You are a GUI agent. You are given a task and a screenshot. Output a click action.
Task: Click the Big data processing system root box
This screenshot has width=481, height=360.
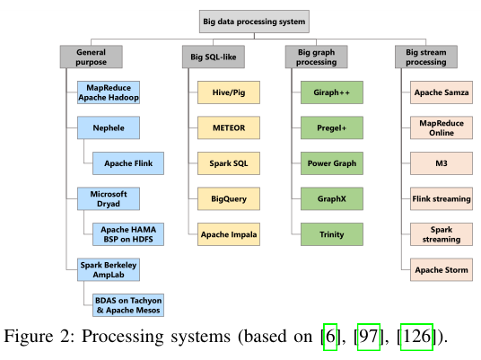click(254, 22)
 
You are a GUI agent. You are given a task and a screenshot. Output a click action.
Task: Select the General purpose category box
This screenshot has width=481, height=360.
click(92, 57)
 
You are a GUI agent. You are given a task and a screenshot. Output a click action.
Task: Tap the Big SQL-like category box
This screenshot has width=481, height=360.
click(214, 57)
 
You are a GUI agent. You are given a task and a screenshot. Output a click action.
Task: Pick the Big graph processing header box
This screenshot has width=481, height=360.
click(316, 57)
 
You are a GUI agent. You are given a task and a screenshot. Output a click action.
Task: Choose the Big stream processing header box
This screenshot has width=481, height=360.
click(426, 57)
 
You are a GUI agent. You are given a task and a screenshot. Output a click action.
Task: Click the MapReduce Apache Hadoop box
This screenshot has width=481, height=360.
click(109, 92)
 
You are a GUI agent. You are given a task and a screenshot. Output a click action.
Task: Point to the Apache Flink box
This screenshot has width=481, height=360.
click(128, 163)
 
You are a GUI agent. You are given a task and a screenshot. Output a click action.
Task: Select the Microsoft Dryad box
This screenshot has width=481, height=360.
click(109, 198)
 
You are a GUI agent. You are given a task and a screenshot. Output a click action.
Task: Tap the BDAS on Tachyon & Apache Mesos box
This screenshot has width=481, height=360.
click(128, 305)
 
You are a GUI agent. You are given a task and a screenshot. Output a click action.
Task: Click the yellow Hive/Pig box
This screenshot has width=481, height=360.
click(229, 92)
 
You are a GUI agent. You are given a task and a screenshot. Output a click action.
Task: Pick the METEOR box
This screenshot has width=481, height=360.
click(229, 127)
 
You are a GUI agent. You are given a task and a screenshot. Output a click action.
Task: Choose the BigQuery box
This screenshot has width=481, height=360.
click(229, 198)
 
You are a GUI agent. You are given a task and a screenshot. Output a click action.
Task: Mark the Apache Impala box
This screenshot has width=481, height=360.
click(229, 234)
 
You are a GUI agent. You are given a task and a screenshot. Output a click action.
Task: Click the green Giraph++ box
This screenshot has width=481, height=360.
click(332, 92)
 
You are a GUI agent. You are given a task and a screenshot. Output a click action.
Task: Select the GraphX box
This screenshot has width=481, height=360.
click(332, 198)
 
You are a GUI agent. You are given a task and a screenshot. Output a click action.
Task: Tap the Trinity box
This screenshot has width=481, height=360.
click(332, 234)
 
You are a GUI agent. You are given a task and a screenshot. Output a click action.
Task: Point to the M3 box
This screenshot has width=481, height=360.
click(442, 163)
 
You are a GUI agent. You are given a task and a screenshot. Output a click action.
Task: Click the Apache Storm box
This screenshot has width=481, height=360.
click(442, 269)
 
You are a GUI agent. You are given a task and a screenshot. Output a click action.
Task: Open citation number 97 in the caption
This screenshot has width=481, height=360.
click(369, 337)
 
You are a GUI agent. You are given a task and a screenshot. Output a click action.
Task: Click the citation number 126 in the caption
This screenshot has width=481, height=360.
click(416, 337)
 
